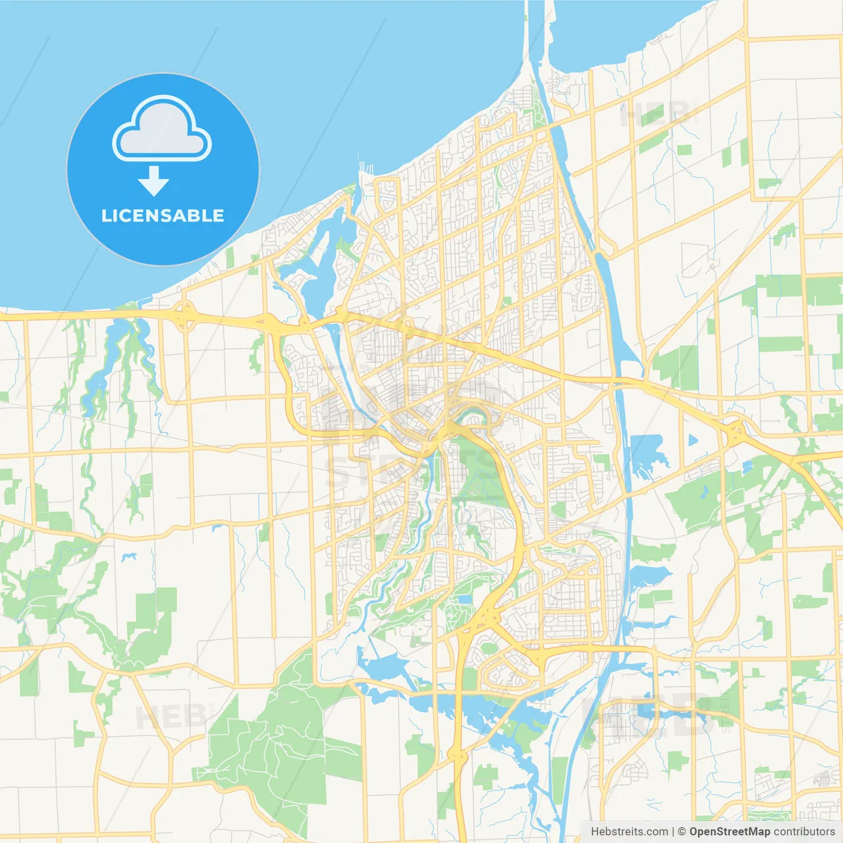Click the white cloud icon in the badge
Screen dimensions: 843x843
point(162,128)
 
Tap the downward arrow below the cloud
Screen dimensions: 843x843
point(153,181)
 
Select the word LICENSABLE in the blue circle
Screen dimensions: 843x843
point(163,215)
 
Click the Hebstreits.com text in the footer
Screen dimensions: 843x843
point(629,832)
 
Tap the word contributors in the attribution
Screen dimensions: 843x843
point(803,832)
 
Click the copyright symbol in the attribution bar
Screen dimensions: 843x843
point(682,832)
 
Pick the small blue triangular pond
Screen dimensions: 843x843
point(692,440)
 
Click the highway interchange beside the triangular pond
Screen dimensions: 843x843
point(734,431)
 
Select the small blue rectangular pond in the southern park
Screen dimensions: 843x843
point(465,599)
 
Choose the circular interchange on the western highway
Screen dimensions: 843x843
point(185,316)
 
